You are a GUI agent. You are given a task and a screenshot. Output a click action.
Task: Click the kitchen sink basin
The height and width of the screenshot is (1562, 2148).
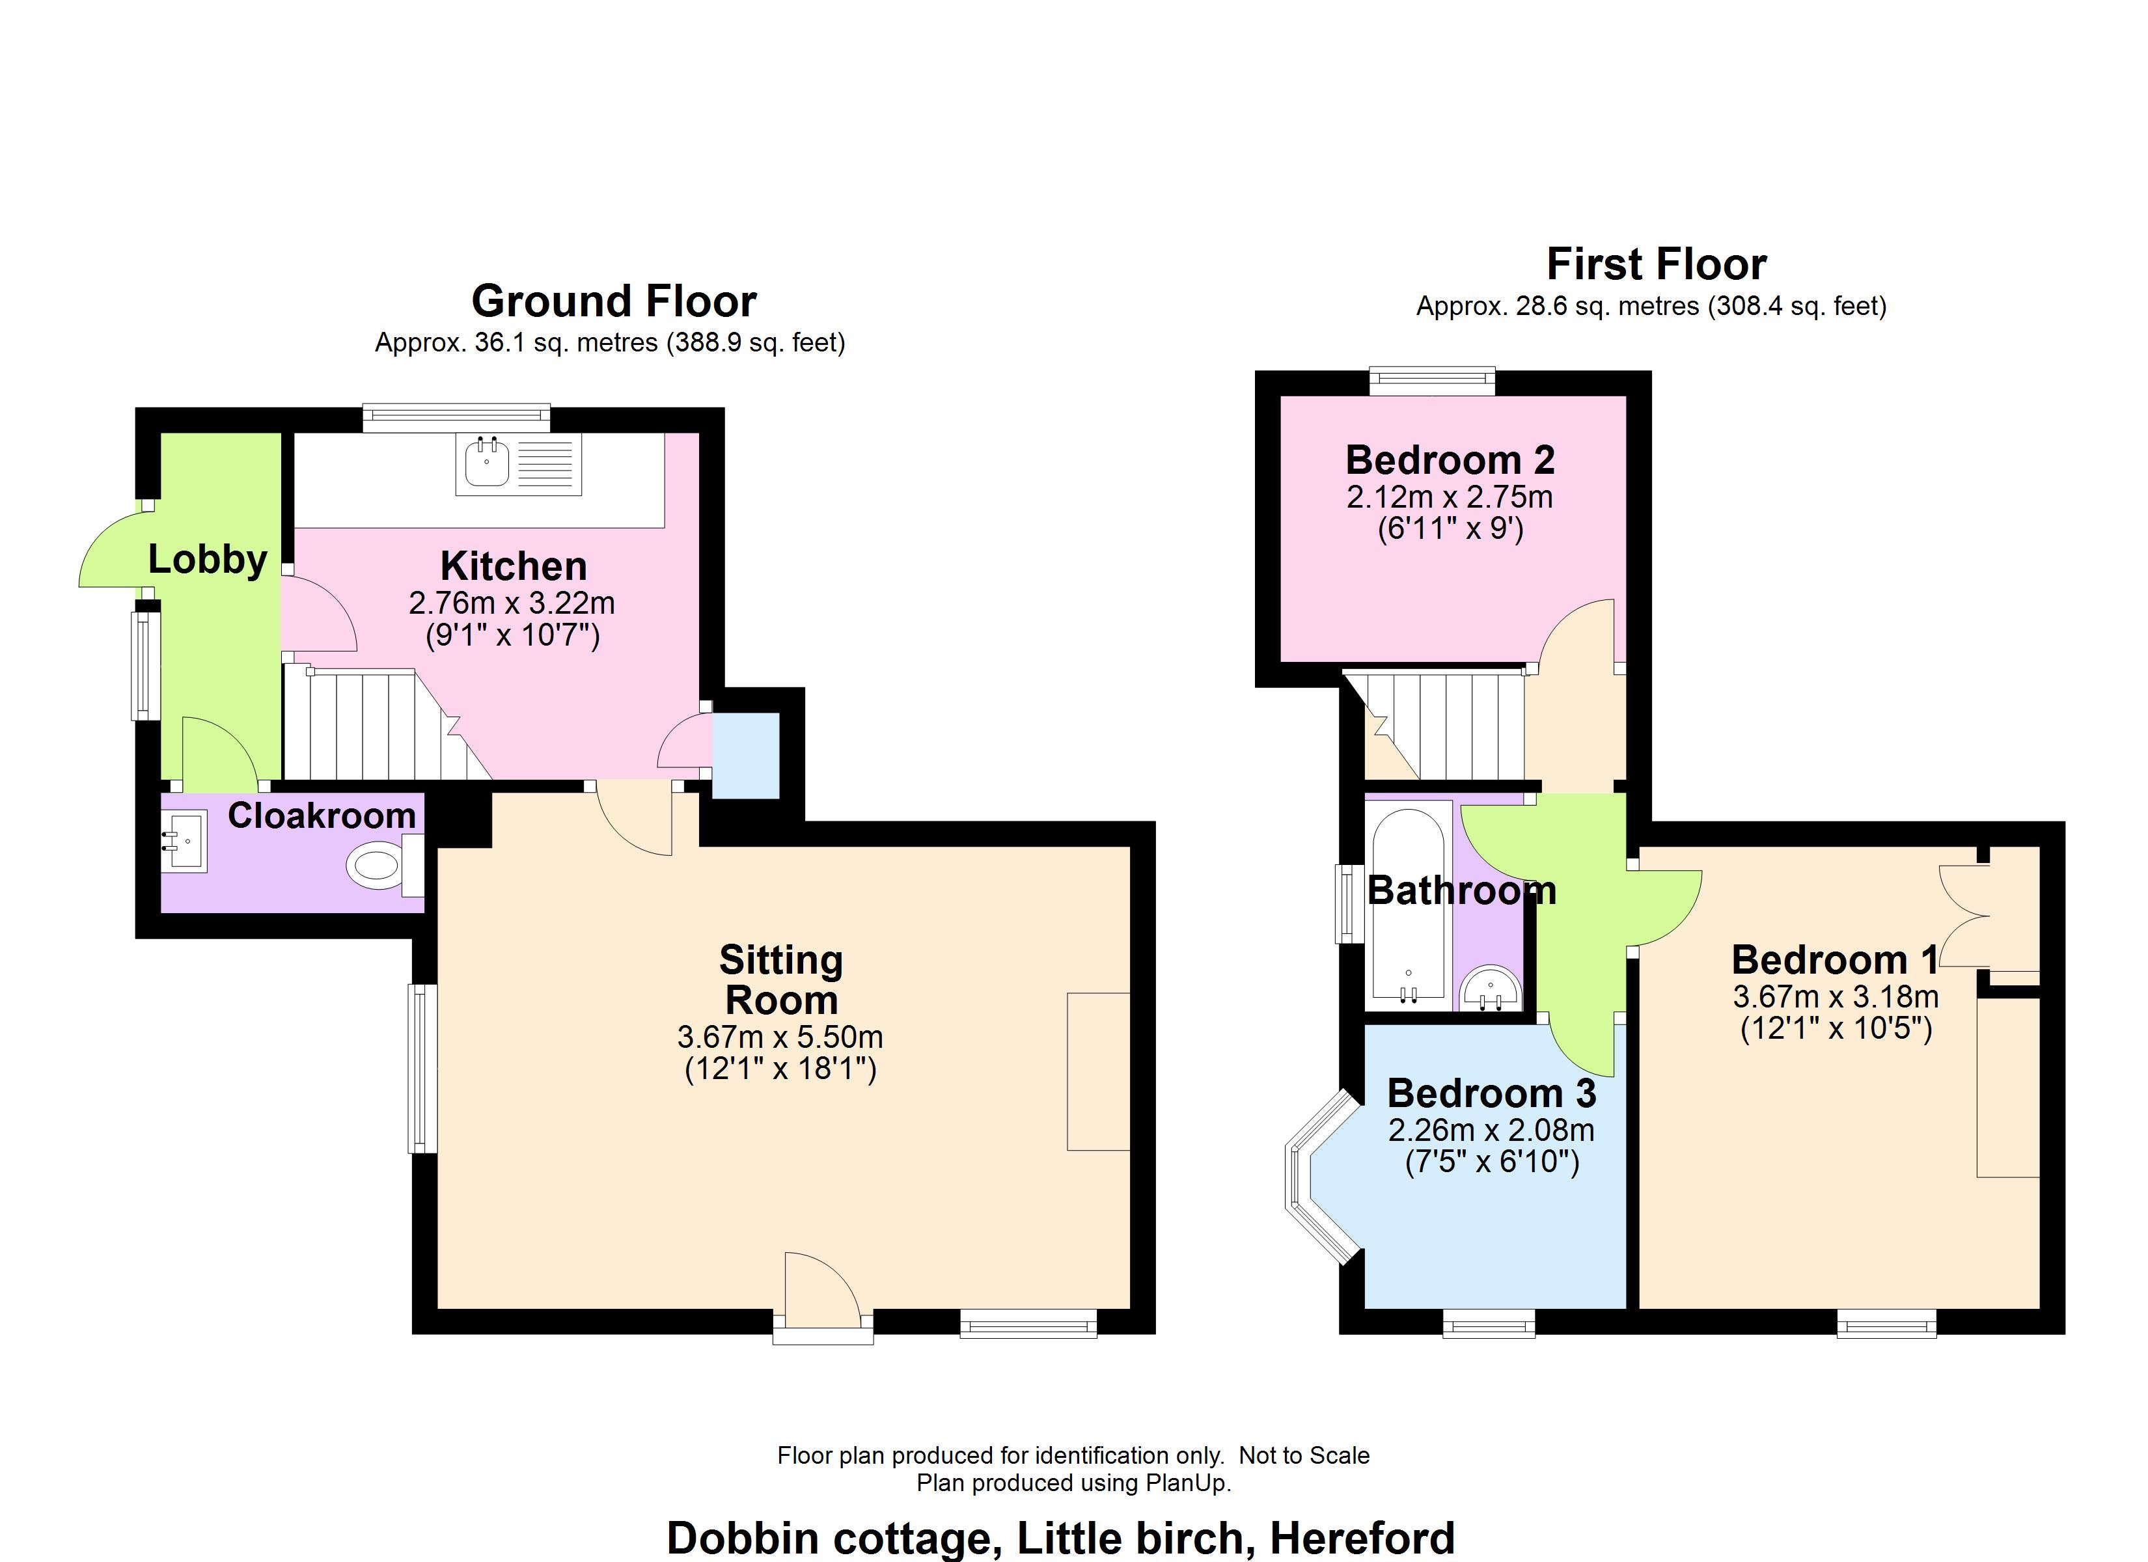coord(488,463)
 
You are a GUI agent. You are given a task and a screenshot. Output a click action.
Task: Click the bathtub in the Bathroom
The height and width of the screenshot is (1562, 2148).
coord(1409,905)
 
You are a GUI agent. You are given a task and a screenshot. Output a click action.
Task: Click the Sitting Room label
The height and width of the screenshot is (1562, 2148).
coord(781,980)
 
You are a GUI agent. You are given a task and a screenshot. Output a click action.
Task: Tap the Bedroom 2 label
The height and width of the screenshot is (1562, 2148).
coord(1450,460)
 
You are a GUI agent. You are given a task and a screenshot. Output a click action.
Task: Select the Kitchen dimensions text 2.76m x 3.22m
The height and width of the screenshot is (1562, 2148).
coord(512,603)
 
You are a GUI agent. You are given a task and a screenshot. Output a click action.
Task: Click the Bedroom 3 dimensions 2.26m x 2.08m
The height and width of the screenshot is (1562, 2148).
coord(1492,1130)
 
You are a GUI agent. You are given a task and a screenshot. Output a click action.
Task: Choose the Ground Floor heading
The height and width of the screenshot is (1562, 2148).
coord(614,301)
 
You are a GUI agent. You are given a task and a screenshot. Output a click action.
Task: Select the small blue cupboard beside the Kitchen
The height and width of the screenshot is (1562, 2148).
coord(745,756)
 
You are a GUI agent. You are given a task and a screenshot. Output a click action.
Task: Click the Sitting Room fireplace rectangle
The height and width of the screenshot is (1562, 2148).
coord(1099,1071)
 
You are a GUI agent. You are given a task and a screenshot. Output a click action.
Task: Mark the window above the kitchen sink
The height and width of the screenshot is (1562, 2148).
coord(456,418)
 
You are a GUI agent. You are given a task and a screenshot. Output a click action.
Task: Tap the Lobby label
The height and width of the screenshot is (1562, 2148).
coord(208,560)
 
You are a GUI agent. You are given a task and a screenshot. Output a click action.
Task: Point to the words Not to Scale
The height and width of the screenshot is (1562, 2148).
coord(1304,1455)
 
